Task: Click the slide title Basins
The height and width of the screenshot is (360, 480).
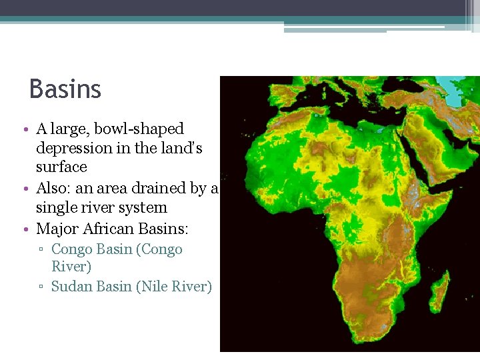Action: tap(65, 89)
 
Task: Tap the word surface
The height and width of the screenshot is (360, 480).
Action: tap(61, 167)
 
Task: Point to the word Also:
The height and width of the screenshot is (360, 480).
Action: tap(55, 189)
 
